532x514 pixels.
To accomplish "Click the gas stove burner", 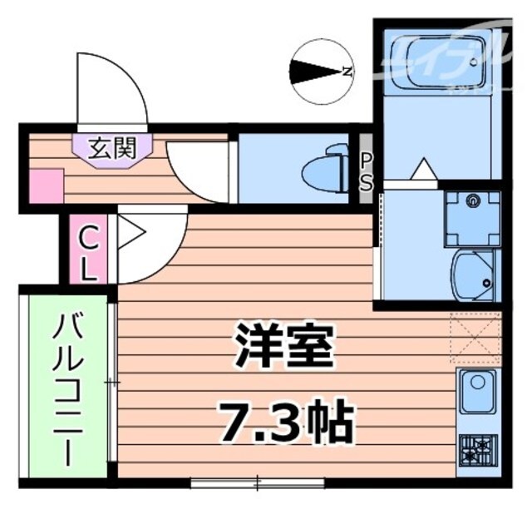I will click(478, 452).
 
